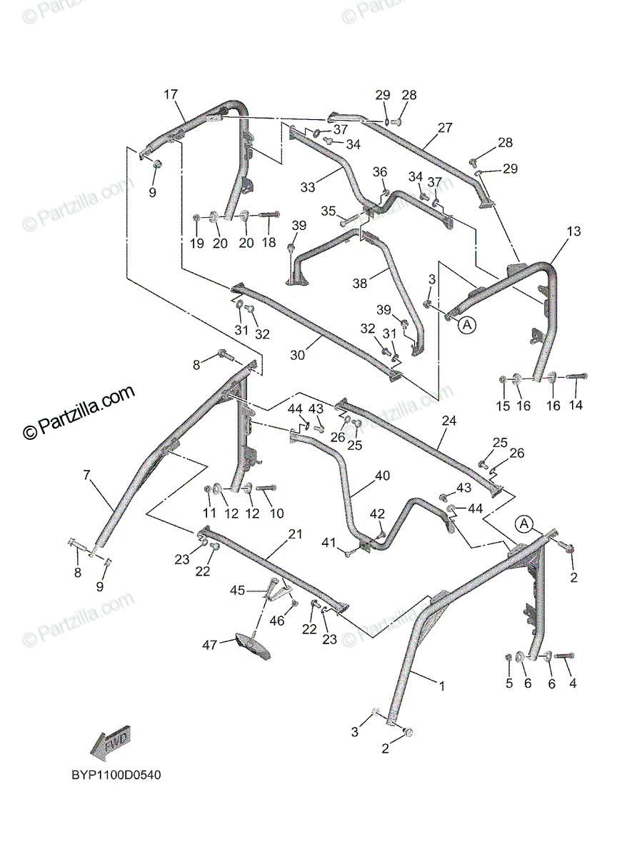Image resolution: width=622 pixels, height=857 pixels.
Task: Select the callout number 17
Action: pos(170,95)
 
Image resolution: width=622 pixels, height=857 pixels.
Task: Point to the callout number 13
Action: pos(574,231)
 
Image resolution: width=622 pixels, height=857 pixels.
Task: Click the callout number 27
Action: pos(445,129)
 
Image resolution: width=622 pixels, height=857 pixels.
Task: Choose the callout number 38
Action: pos(359,284)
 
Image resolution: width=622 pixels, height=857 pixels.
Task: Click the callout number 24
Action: pos(448,421)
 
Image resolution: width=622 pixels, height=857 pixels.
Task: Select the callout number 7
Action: pos(86,475)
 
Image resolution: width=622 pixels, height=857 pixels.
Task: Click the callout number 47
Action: pos(209,646)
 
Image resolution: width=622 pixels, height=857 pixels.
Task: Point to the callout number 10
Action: pos(276,513)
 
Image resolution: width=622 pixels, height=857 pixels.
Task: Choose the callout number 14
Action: pos(576,405)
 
